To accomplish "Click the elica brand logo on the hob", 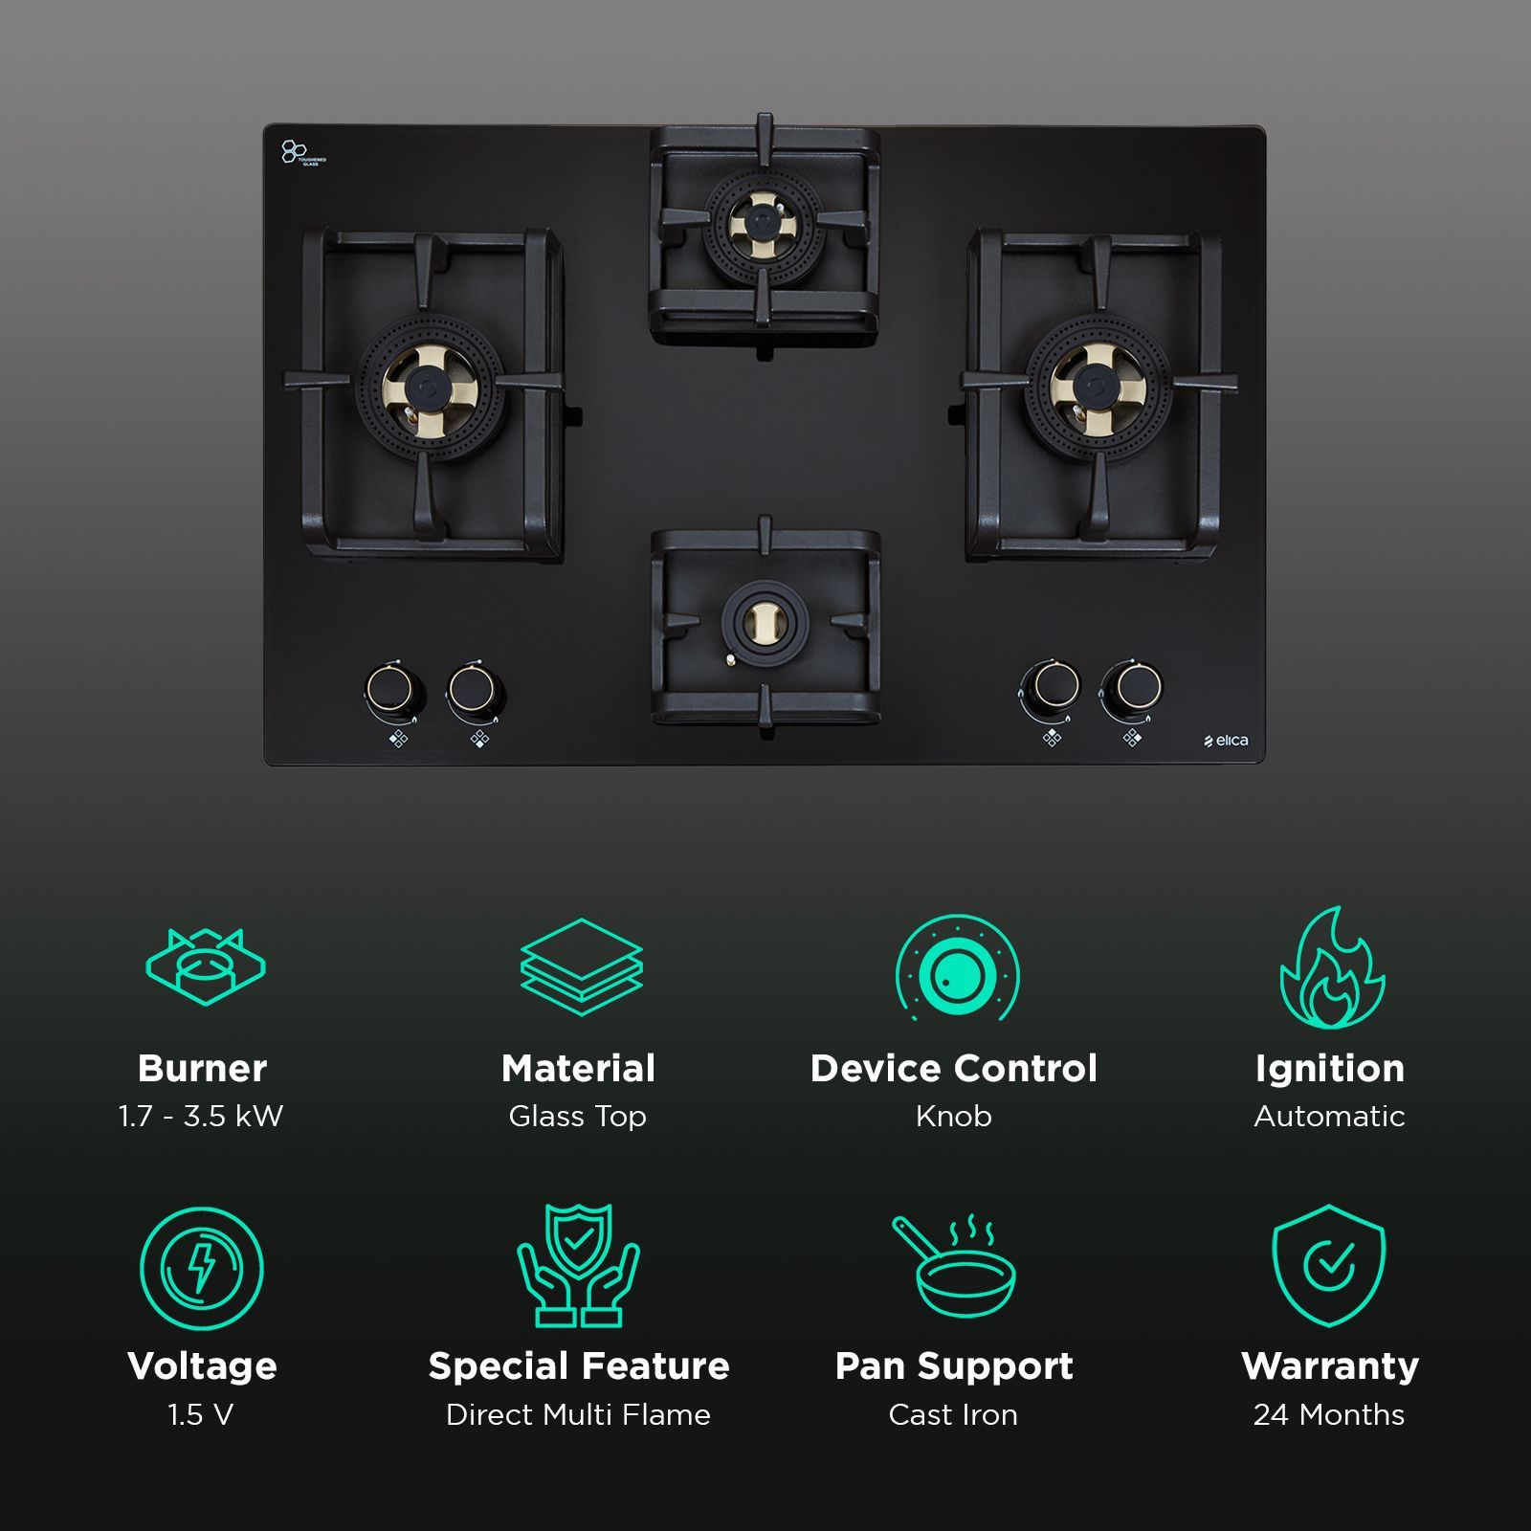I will pos(1226,741).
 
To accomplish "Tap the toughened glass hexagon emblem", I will pos(293,152).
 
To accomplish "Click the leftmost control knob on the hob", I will pos(392,687).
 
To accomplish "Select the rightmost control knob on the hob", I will pos(1132,687).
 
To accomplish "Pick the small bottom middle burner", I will pos(764,623).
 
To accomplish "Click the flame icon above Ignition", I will pos(1331,968).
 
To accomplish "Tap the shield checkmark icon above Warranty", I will pos(1328,1266).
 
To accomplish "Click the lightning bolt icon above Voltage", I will pos(201,1267).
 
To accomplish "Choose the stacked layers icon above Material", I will pos(581,966).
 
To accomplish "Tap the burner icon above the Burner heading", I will pos(205,966).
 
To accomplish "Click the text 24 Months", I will pos(1329,1414).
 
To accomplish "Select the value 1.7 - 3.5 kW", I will pos(201,1116).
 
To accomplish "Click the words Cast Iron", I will pos(953,1414).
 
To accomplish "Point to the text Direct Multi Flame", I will pos(578,1414).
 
